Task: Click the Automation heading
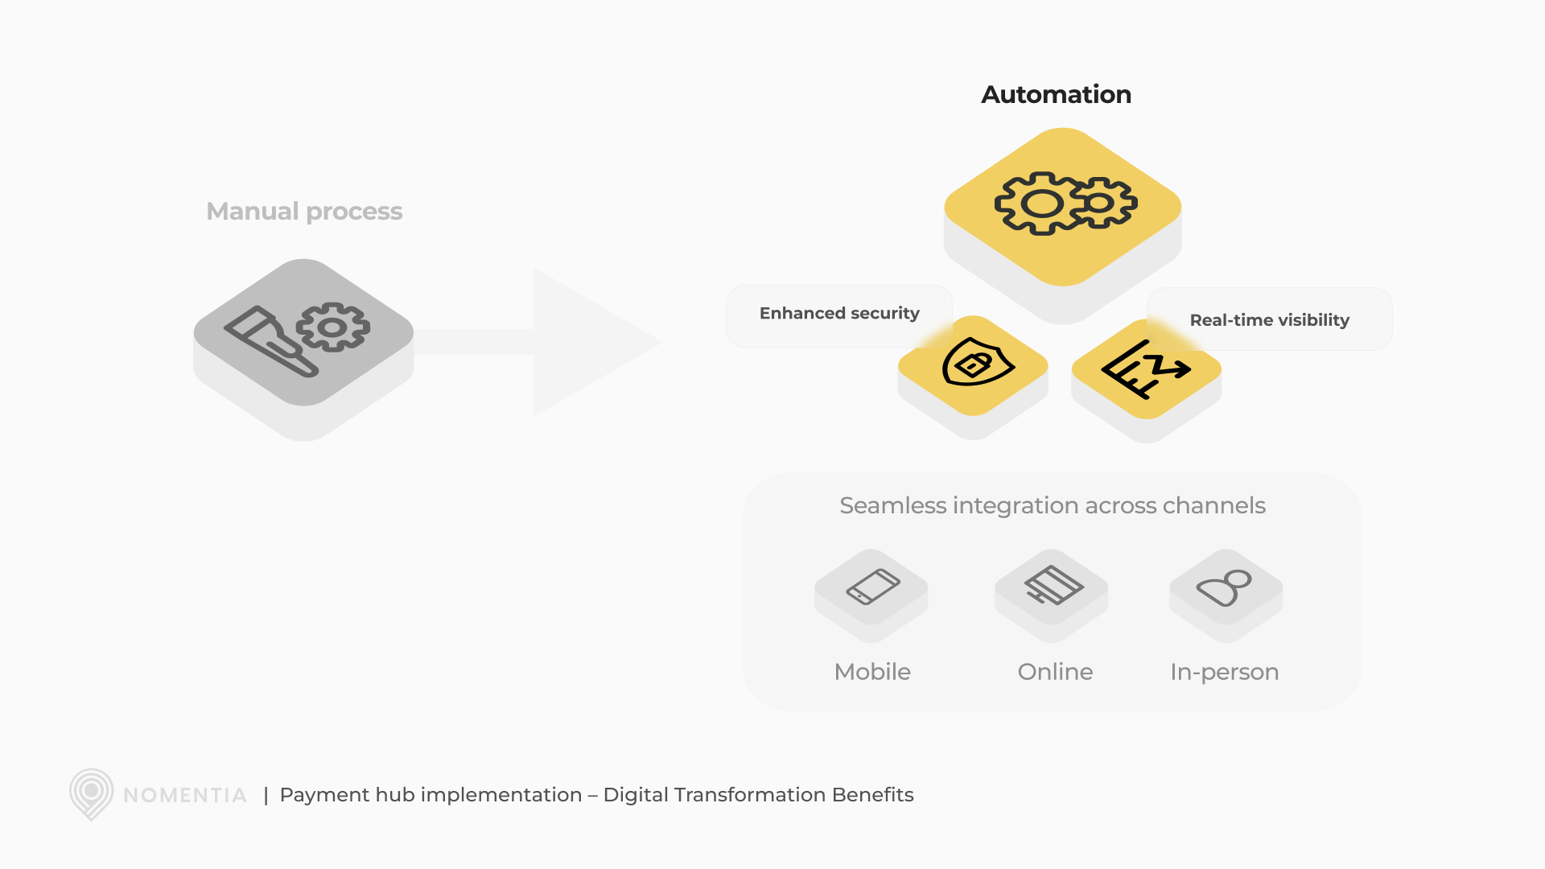(x=1056, y=95)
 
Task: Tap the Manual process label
(x=304, y=211)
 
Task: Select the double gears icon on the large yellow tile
(x=1065, y=204)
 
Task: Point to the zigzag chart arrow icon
(x=1145, y=369)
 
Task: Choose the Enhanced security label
(x=839, y=313)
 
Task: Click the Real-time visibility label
(x=1269, y=320)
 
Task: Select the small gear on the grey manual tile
(x=333, y=327)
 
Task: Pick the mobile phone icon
(x=872, y=587)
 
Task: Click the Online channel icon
(x=1053, y=586)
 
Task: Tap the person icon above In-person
(x=1225, y=587)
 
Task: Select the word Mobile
(x=872, y=672)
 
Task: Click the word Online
(x=1055, y=672)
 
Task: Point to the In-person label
(x=1224, y=672)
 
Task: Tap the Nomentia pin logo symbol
(x=91, y=793)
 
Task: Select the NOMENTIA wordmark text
(x=185, y=796)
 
